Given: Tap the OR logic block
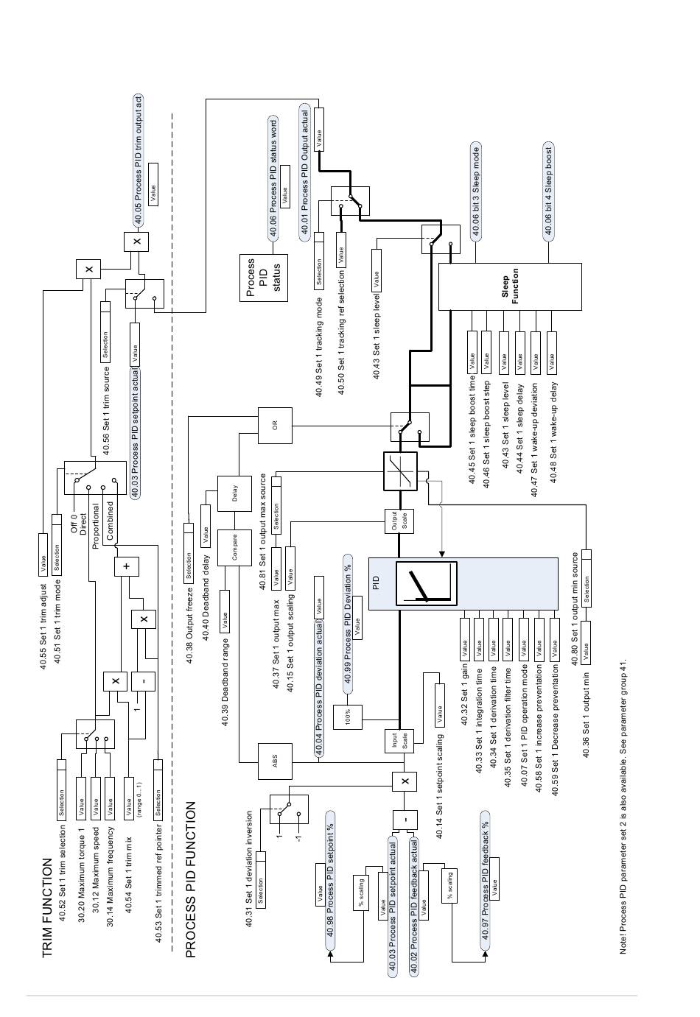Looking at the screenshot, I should pyautogui.click(x=275, y=425).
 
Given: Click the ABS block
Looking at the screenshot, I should pyautogui.click(x=275, y=762).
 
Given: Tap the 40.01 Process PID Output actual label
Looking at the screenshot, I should pyautogui.click(x=305, y=171).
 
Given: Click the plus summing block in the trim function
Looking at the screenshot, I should pyautogui.click(x=127, y=566).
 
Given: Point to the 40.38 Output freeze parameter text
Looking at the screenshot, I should pyautogui.click(x=189, y=627).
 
